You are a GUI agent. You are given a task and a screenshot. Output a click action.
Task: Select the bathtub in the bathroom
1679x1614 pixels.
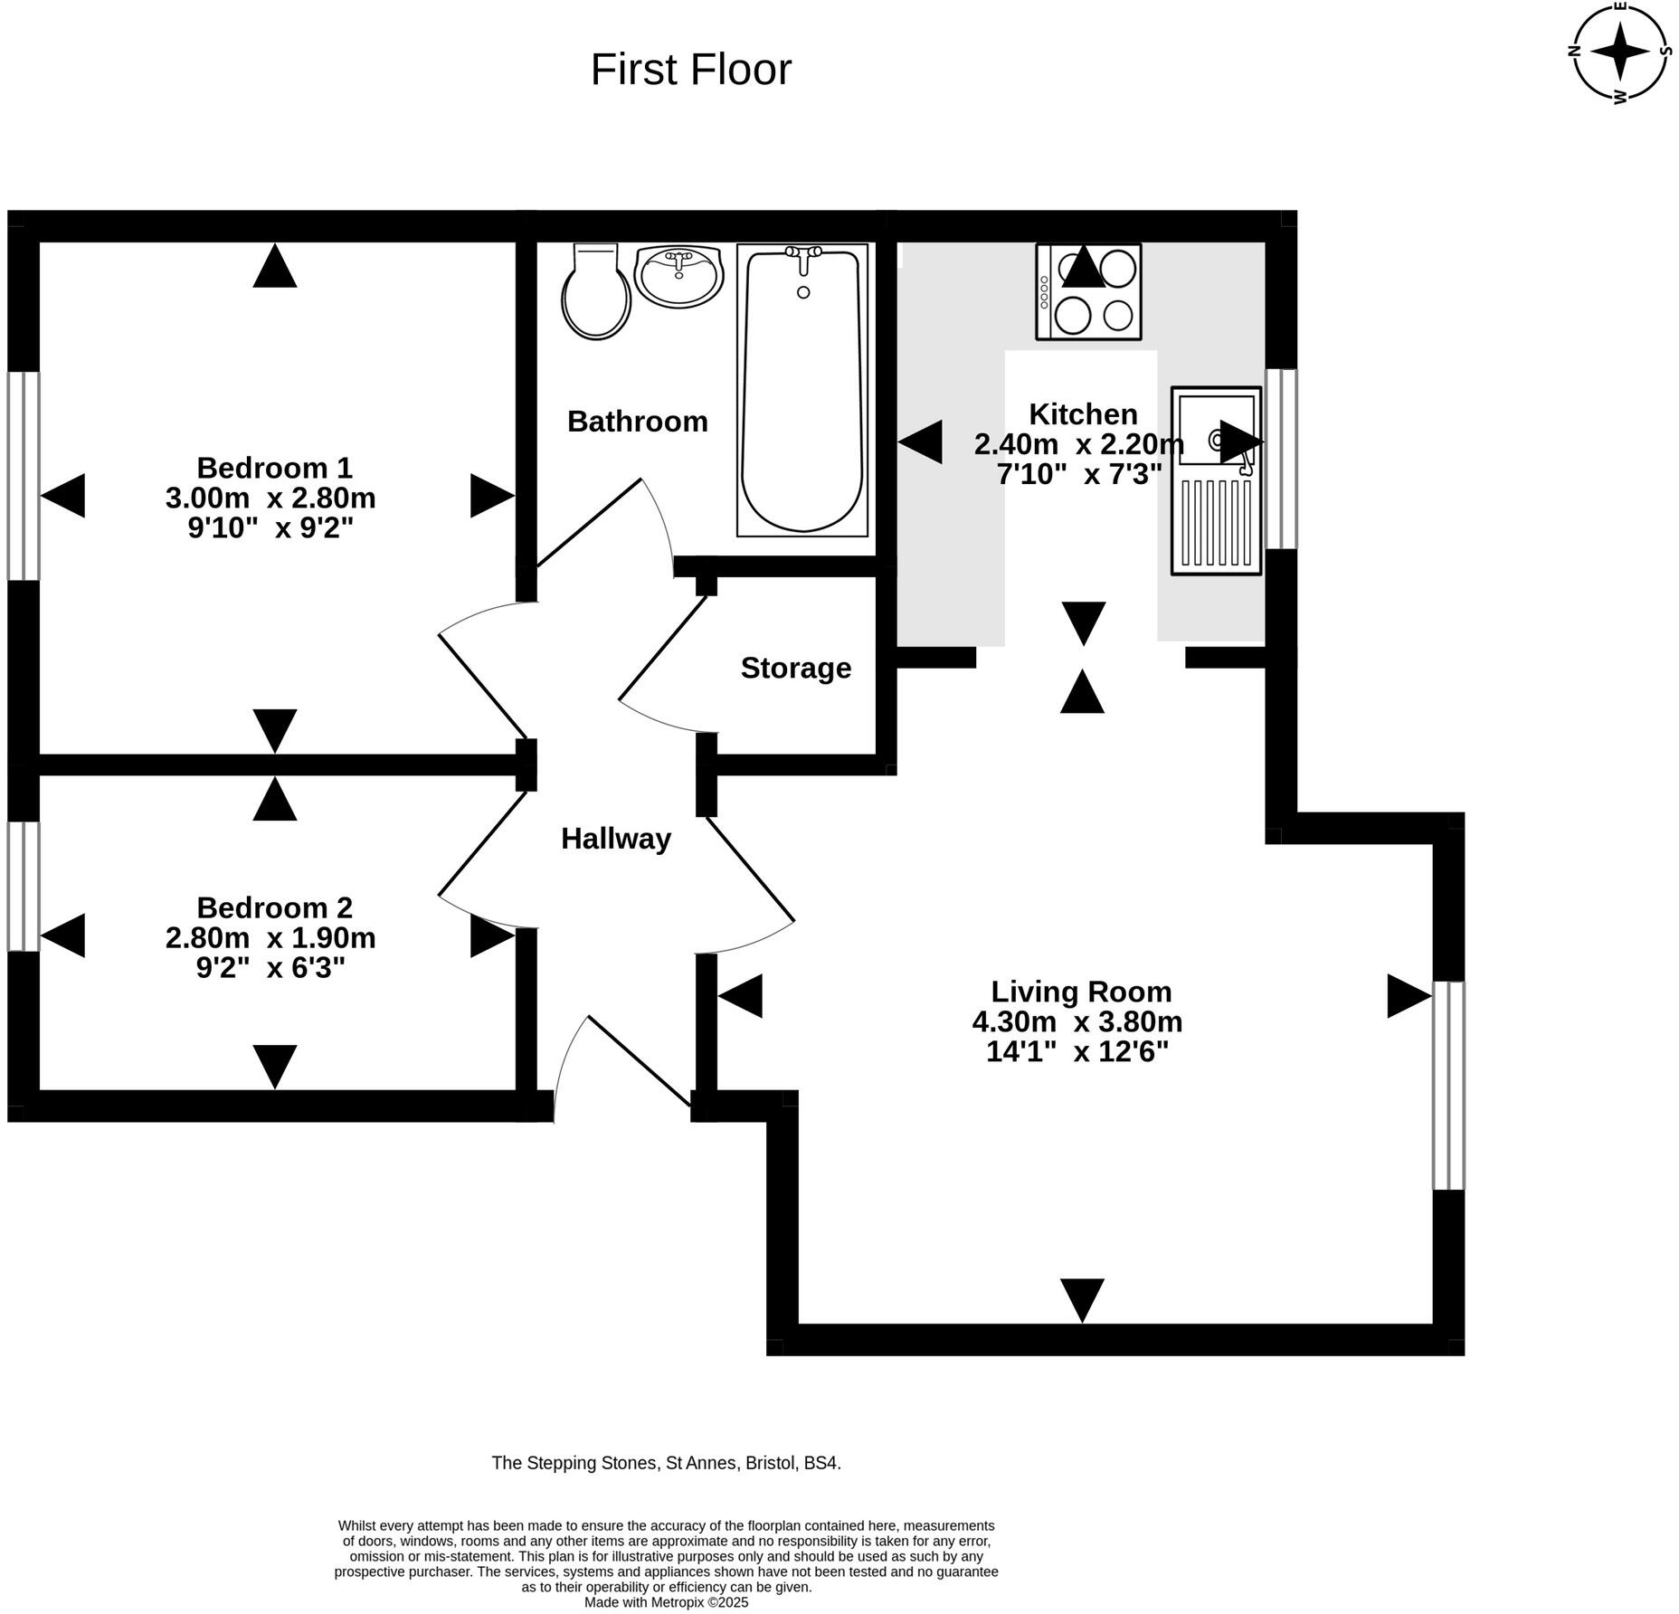(x=802, y=389)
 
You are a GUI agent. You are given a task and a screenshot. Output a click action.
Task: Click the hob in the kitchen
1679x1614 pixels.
(x=1088, y=291)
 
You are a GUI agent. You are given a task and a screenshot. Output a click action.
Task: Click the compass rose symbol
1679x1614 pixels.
(x=1620, y=52)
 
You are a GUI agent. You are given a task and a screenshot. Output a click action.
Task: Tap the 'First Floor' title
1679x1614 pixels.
(x=690, y=70)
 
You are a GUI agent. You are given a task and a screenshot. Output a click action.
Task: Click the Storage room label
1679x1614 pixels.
(x=795, y=668)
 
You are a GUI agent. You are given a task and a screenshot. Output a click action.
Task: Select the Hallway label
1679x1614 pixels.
(x=615, y=839)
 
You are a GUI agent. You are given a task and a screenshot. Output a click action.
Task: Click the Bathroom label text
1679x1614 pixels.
(x=637, y=422)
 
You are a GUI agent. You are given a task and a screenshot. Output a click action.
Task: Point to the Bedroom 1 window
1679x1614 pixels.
(x=24, y=475)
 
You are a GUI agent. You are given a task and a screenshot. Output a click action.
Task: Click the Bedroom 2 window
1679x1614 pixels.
(x=24, y=886)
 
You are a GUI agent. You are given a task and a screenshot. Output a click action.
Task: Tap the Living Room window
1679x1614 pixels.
(x=1447, y=1085)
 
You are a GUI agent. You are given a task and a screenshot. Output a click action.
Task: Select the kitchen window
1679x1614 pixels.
(x=1280, y=459)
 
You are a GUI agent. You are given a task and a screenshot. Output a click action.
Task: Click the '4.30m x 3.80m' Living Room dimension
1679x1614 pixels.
(x=1077, y=1021)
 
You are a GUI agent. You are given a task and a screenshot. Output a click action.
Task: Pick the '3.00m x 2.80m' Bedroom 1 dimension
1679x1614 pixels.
(x=270, y=498)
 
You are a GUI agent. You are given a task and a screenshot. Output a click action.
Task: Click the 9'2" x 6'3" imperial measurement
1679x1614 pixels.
(x=270, y=968)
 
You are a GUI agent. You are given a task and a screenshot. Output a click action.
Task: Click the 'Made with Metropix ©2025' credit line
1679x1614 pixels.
(x=666, y=1602)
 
